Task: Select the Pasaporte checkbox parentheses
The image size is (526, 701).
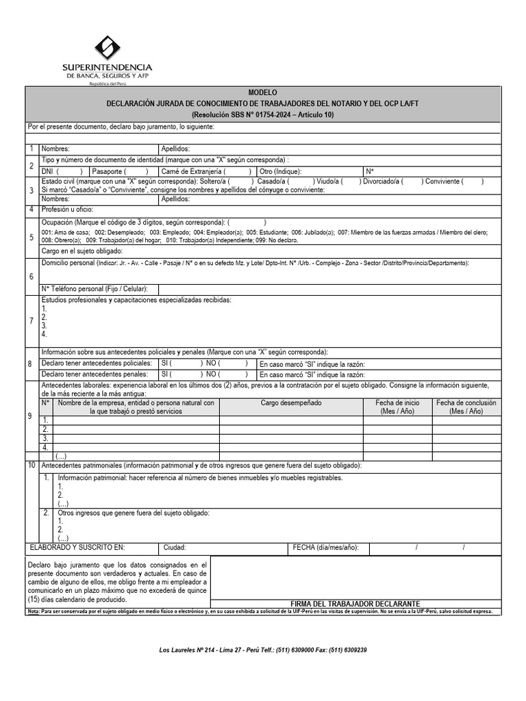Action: [136, 171]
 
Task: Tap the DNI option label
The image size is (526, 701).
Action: [47, 171]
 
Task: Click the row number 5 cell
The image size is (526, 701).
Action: [32, 238]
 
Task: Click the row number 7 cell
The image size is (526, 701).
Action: [32, 321]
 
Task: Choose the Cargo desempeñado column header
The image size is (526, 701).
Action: [290, 403]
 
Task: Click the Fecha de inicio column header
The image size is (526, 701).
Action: [397, 407]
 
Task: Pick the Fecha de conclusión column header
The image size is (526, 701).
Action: [466, 407]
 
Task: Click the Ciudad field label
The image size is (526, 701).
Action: [175, 548]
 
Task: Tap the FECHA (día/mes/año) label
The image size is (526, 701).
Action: [325, 548]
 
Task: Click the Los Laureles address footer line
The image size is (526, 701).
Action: [262, 650]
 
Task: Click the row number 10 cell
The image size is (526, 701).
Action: [32, 466]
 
